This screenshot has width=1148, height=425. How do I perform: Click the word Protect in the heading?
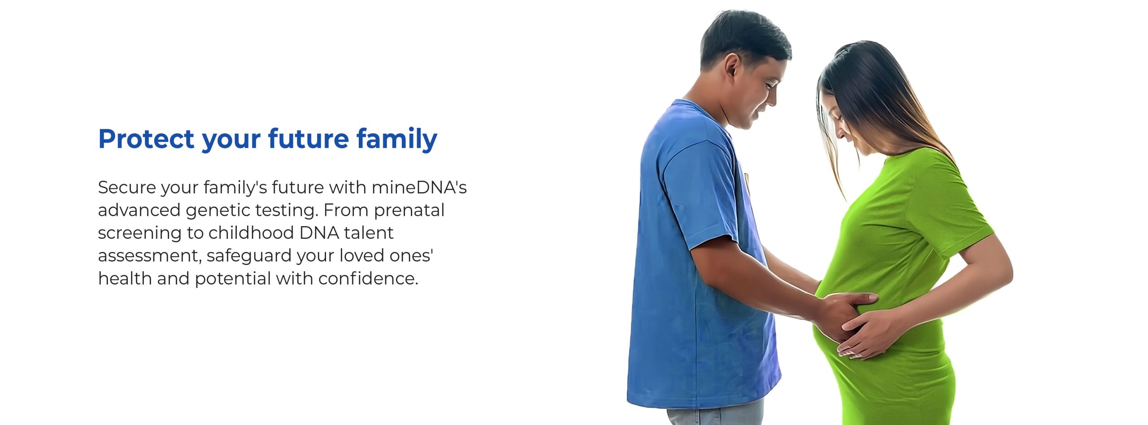pyautogui.click(x=146, y=139)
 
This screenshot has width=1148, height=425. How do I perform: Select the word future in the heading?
pyautogui.click(x=309, y=139)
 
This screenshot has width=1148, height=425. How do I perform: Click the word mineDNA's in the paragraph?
pyautogui.click(x=419, y=187)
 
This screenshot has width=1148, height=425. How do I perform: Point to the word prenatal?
pyautogui.click(x=409, y=210)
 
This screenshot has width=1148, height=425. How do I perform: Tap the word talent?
pyautogui.click(x=369, y=233)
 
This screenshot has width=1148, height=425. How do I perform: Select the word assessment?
pyautogui.click(x=150, y=256)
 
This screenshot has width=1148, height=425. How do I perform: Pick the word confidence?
pyautogui.click(x=368, y=279)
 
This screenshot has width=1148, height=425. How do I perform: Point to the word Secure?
pyautogui.click(x=126, y=188)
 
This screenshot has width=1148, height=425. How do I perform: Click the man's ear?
pyautogui.click(x=732, y=66)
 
